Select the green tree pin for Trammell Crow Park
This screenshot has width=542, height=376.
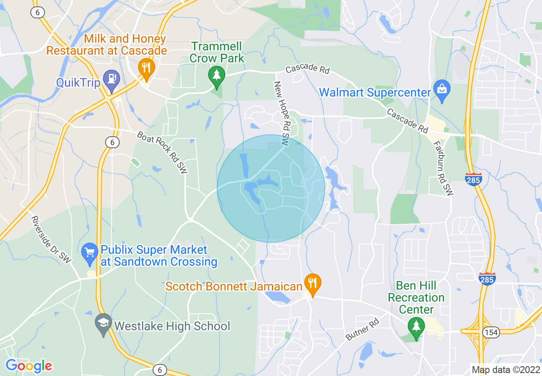tap(217, 76)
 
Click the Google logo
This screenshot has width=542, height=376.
tap(29, 366)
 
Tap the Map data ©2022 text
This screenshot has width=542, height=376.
tap(505, 370)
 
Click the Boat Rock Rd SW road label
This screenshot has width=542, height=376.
tap(162, 152)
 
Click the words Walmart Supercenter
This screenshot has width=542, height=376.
tap(375, 92)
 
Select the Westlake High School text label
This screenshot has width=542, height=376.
tap(172, 326)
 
